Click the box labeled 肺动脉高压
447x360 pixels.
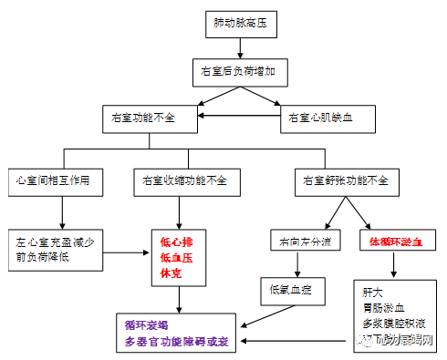point(240,25)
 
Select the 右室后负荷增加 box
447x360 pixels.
point(240,70)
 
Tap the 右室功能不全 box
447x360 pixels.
point(151,117)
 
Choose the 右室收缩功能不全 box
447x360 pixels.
point(180,180)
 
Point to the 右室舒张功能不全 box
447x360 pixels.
point(346,180)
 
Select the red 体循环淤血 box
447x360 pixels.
point(393,242)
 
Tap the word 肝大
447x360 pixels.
point(371,292)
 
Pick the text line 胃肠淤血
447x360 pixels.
point(384,307)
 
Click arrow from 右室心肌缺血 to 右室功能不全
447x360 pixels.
point(239,117)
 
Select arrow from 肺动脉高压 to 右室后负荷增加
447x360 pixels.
point(240,47)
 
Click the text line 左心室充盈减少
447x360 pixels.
point(59,242)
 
